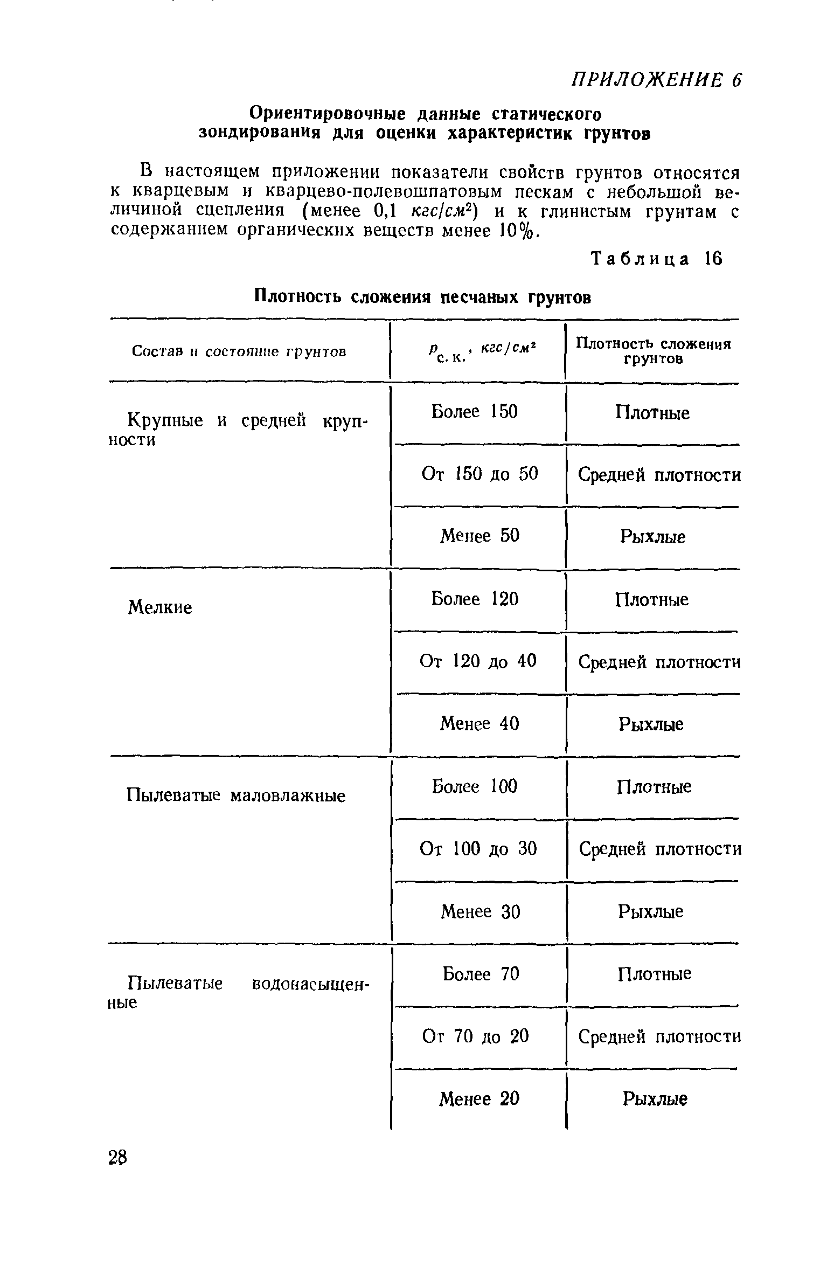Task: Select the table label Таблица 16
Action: (x=656, y=259)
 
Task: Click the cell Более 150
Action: (x=474, y=412)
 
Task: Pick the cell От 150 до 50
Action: (x=479, y=474)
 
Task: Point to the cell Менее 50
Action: (x=479, y=536)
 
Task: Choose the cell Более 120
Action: (x=475, y=599)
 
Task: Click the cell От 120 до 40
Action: (x=478, y=661)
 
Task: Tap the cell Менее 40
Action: (x=479, y=723)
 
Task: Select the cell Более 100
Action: (x=474, y=786)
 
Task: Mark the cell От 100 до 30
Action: (x=478, y=849)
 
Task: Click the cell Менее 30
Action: (x=480, y=911)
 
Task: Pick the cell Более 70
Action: (x=481, y=974)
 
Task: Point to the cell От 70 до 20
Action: (x=475, y=1036)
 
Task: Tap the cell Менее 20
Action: (x=479, y=1098)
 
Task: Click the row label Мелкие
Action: (x=159, y=608)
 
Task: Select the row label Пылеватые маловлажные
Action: (x=236, y=795)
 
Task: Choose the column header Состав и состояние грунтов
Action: (x=239, y=352)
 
